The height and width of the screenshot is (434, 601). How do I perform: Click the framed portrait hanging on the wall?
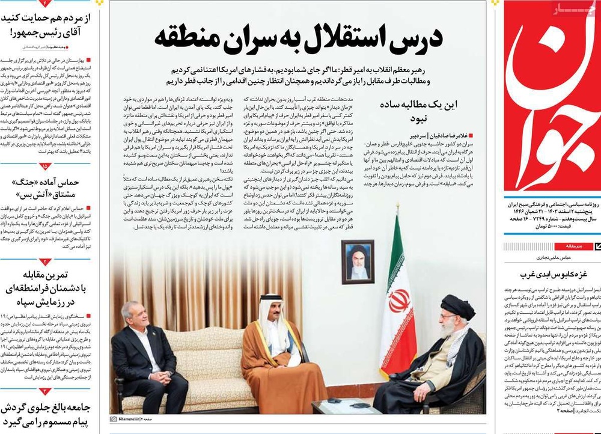point(358,262)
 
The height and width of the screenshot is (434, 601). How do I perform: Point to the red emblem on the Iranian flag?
point(398,301)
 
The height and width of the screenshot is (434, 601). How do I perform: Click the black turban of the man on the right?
point(457,307)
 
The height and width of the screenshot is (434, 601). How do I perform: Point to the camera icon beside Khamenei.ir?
point(114,418)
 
